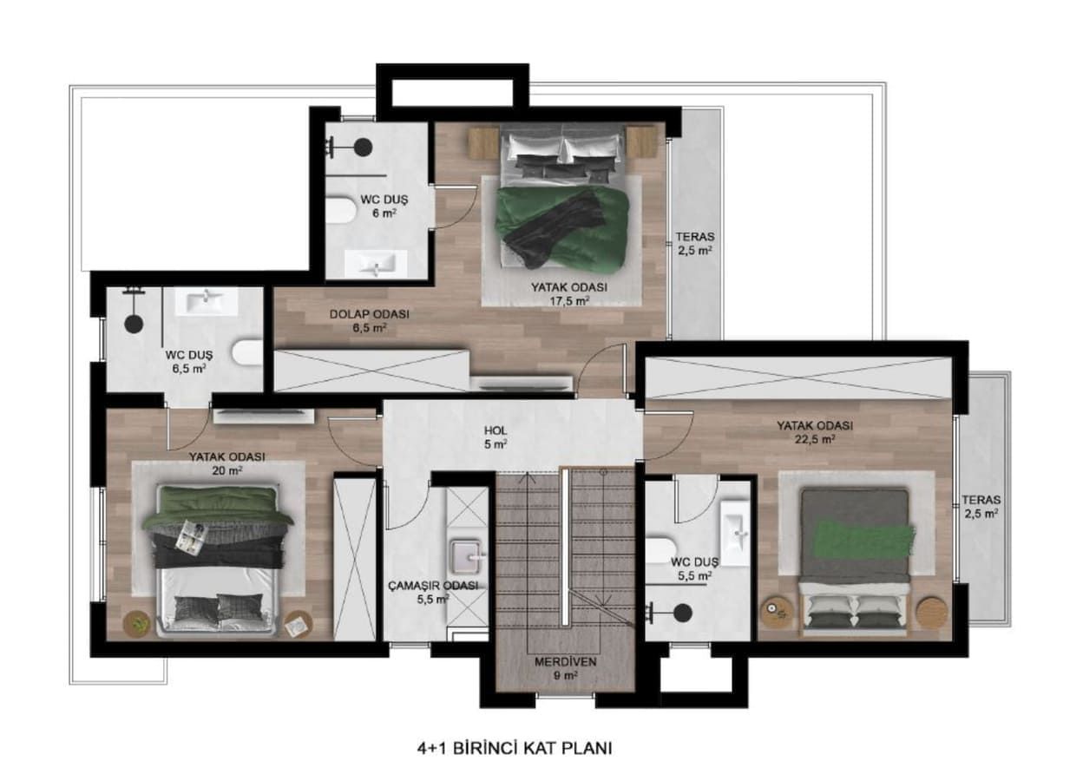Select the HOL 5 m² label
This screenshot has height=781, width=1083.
pyautogui.click(x=496, y=436)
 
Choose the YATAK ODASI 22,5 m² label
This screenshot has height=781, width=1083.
pyautogui.click(x=814, y=432)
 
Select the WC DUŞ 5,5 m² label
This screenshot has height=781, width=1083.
pyautogui.click(x=696, y=568)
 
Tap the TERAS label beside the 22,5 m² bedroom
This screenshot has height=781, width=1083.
pyautogui.click(x=981, y=506)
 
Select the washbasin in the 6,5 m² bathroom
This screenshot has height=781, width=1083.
pyautogui.click(x=207, y=301)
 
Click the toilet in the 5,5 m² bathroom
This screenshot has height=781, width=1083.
pyautogui.click(x=661, y=550)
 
